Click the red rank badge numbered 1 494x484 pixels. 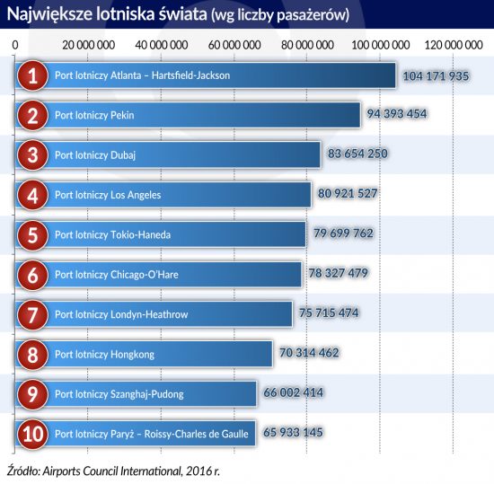(x=32, y=75)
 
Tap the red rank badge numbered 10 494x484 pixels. (x=32, y=435)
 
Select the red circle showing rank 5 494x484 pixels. (x=32, y=235)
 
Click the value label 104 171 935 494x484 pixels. (x=436, y=76)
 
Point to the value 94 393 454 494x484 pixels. (x=397, y=114)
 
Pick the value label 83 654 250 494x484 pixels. (x=357, y=154)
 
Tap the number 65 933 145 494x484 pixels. (x=293, y=432)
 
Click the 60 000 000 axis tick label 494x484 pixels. (x=234, y=45)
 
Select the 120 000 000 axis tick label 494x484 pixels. (x=454, y=45)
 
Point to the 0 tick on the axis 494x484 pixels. (x=15, y=45)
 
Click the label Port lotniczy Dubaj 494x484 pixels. (x=95, y=155)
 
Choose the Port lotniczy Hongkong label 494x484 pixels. (x=104, y=355)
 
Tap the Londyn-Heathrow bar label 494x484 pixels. (x=121, y=314)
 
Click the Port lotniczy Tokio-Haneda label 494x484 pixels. (x=113, y=235)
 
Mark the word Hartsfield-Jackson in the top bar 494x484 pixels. (x=191, y=75)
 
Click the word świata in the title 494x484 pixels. (x=182, y=14)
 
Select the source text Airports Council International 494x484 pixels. (x=111, y=471)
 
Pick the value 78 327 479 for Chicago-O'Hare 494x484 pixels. (x=339, y=273)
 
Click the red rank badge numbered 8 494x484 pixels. (x=32, y=355)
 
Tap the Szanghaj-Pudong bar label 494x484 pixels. (x=119, y=394)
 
